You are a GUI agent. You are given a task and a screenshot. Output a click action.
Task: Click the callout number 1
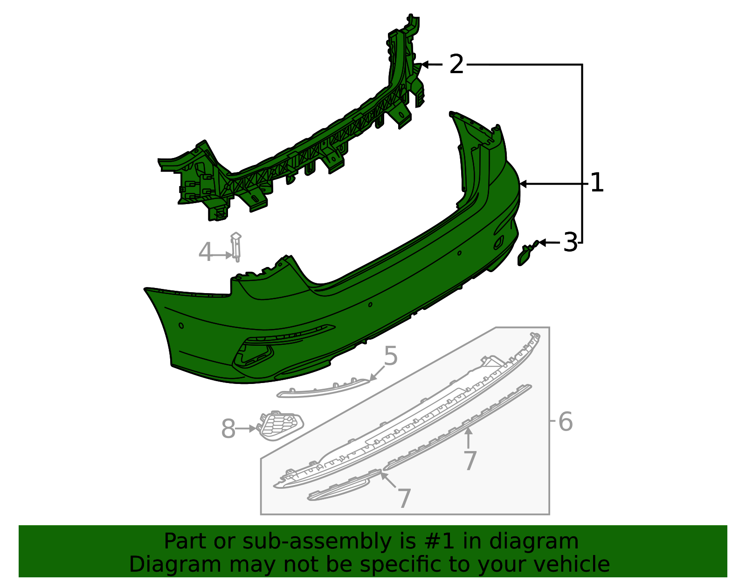click(x=596, y=183)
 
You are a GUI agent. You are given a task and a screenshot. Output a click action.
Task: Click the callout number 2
click(x=456, y=64)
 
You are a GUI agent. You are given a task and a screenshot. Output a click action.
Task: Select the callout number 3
click(x=570, y=243)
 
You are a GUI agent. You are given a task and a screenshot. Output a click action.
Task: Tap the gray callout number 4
click(x=205, y=253)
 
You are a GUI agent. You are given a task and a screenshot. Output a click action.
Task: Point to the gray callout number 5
click(x=391, y=356)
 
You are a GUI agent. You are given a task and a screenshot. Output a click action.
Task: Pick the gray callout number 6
click(x=565, y=422)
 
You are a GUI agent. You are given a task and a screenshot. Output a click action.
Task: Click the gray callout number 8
click(x=228, y=429)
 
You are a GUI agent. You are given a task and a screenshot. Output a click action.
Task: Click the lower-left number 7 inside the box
click(x=404, y=499)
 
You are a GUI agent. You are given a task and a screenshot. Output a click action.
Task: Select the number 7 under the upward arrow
click(x=470, y=461)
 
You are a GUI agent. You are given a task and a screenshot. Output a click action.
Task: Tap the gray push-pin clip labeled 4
click(x=236, y=247)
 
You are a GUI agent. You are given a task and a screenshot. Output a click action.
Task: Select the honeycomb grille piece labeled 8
click(x=280, y=425)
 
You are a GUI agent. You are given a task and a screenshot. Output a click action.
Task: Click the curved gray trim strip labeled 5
click(x=322, y=390)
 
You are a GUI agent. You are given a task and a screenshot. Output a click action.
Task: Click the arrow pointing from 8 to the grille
click(x=245, y=428)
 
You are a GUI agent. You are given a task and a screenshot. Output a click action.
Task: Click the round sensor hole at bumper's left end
click(x=181, y=325)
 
